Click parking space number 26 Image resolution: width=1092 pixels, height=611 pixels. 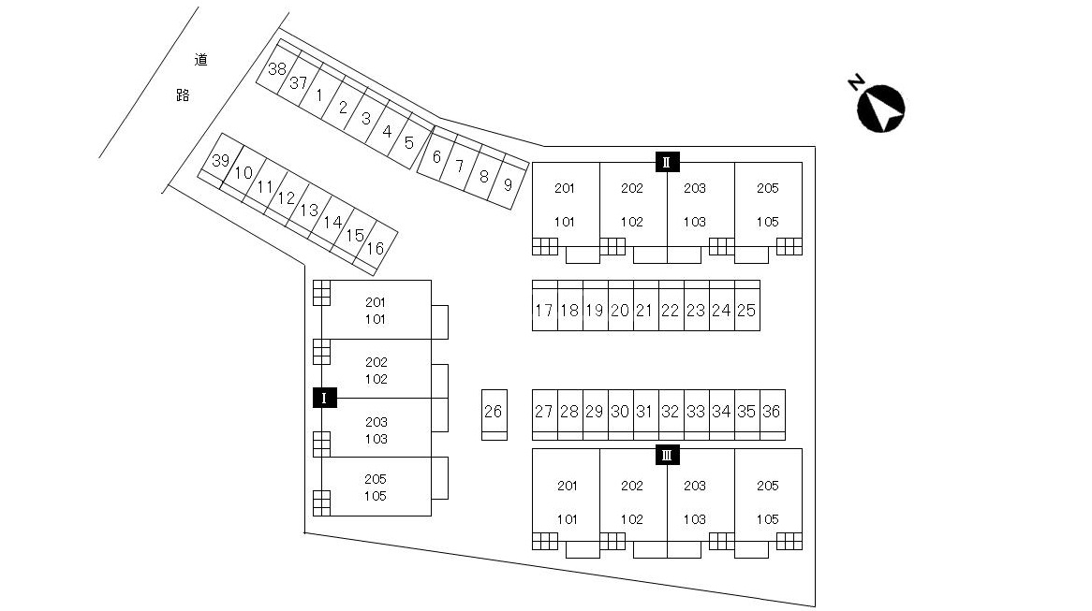[494, 415]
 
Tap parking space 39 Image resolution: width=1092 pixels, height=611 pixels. [218, 161]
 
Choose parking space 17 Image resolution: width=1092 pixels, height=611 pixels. [545, 305]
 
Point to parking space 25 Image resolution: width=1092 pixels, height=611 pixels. [747, 305]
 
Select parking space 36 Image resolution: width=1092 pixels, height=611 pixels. [773, 415]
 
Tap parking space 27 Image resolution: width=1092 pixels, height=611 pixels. [545, 415]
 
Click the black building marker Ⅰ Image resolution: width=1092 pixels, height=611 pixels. [325, 398]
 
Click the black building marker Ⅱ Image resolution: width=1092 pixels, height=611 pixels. [667, 162]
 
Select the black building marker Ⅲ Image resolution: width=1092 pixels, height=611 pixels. [667, 456]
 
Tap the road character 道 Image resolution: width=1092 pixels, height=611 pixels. [201, 60]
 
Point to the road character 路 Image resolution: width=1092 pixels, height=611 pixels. [184, 95]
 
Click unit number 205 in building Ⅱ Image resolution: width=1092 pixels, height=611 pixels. [767, 188]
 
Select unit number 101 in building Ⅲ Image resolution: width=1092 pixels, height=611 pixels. [567, 519]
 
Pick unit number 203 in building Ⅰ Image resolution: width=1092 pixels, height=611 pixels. [376, 422]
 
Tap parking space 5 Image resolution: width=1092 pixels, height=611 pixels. [409, 142]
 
